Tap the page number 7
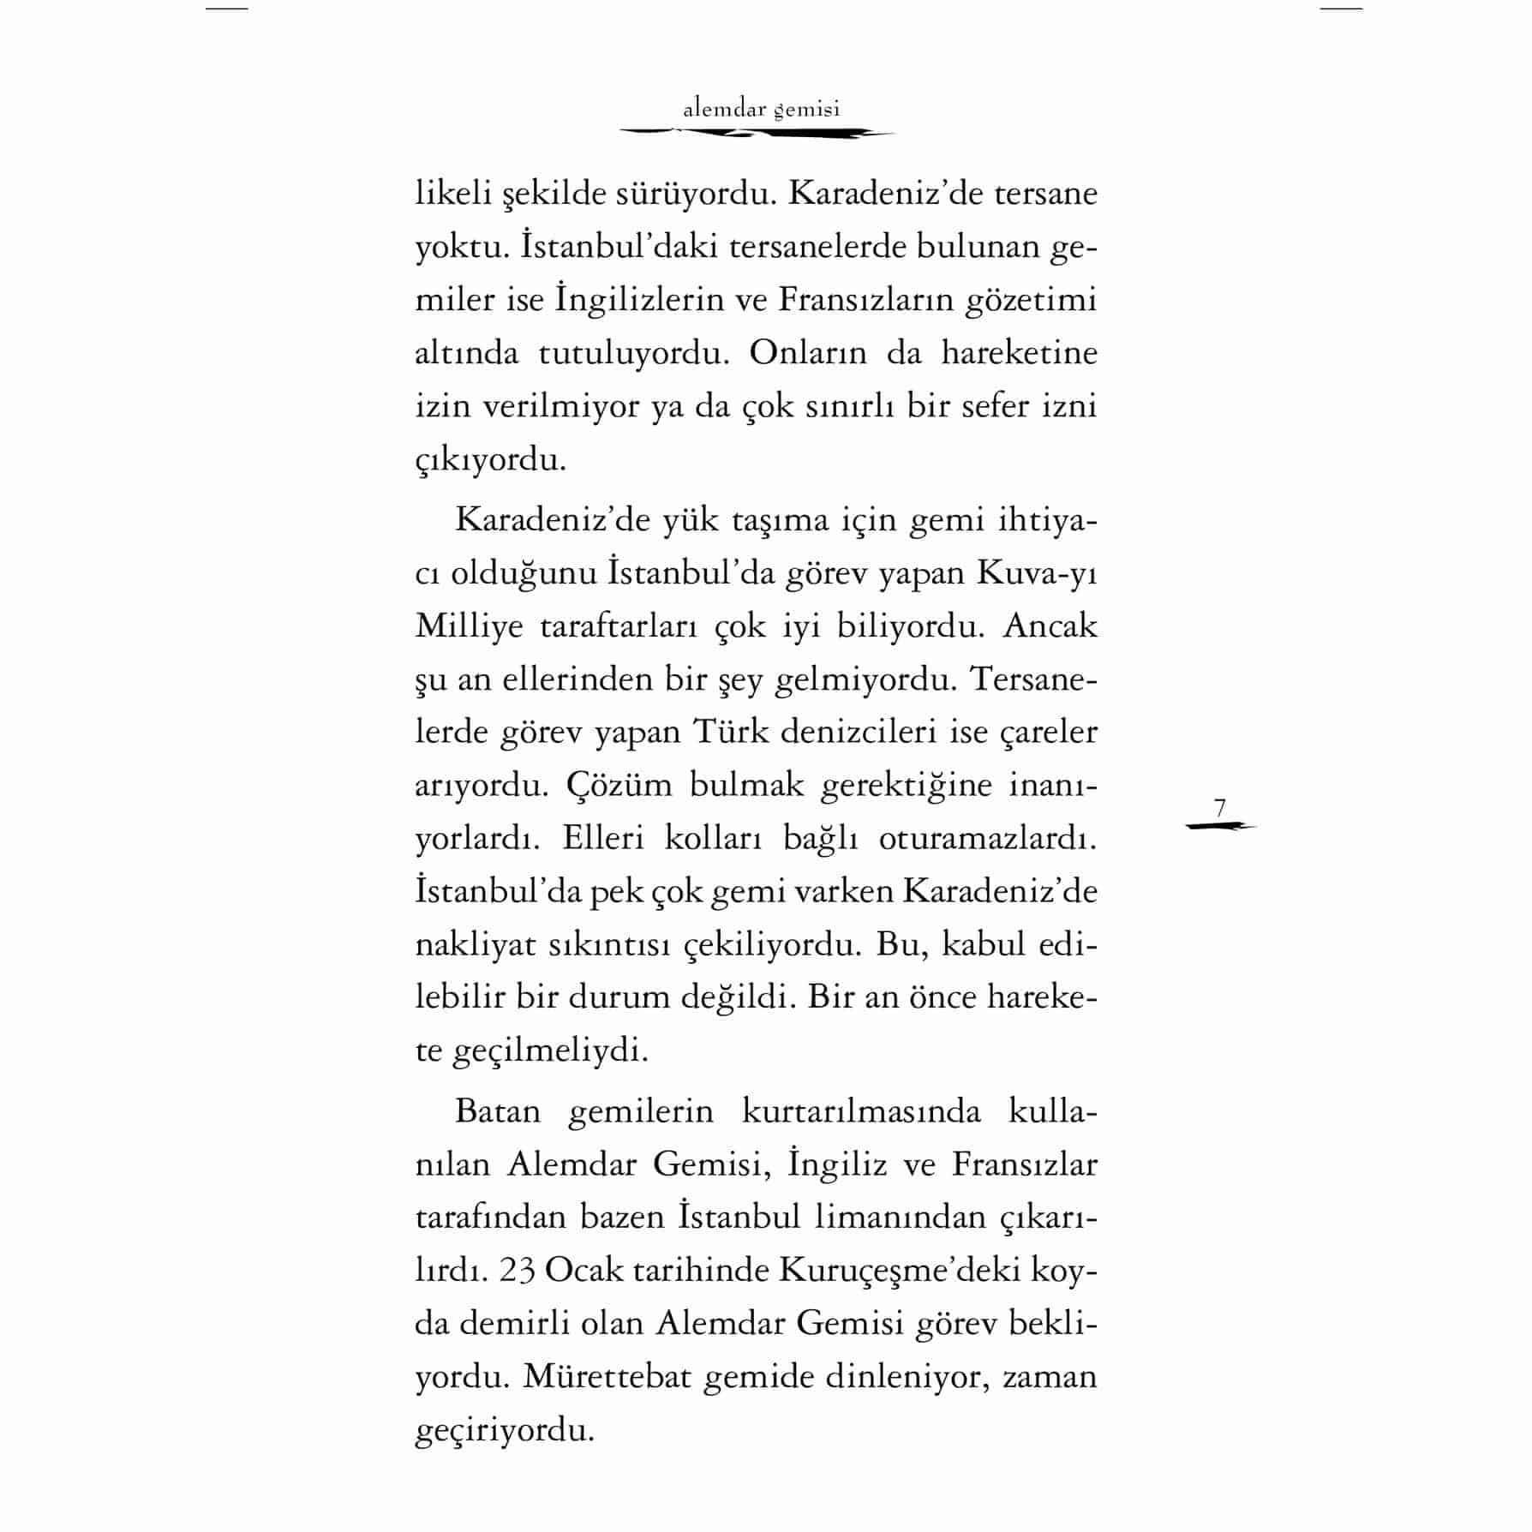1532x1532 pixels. click(1220, 807)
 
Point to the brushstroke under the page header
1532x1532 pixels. click(757, 133)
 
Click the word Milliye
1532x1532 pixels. click(469, 626)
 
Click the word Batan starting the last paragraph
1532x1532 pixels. click(498, 1111)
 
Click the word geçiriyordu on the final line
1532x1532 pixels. click(504, 1432)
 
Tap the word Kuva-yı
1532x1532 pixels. click(1037, 573)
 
